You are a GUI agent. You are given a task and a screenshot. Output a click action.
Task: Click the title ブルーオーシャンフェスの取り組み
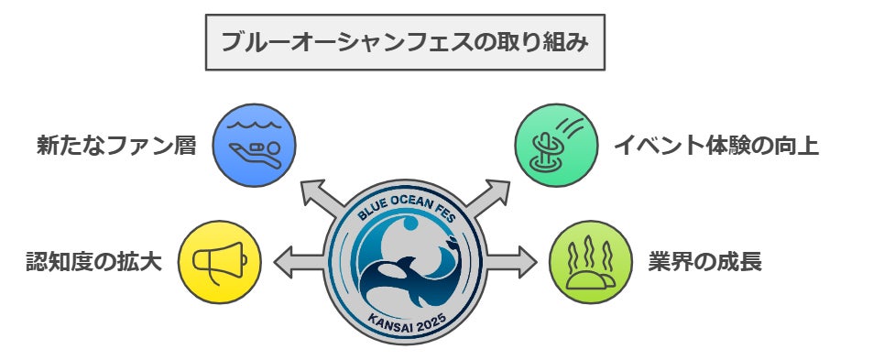405,42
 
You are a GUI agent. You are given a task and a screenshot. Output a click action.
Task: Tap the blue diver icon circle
255,145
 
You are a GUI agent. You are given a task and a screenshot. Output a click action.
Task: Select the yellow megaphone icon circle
220,262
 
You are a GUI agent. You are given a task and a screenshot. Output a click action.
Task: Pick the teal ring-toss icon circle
556,146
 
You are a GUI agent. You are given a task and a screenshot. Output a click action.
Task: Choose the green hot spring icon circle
591,262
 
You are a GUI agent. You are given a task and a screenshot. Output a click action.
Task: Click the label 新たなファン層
116,146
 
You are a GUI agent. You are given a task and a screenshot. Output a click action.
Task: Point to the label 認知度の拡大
94,262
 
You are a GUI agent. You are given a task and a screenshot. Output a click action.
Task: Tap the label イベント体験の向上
716,146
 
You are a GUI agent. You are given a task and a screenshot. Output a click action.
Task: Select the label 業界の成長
704,262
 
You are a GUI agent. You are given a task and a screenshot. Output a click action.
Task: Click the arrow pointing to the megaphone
299,262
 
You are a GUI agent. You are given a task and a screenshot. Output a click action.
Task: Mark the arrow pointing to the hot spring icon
512,262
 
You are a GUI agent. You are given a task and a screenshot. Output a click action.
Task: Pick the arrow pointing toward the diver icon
322,199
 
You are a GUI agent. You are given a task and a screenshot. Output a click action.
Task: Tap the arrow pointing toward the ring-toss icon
487,199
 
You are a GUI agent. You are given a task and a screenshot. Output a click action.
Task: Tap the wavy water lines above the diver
255,125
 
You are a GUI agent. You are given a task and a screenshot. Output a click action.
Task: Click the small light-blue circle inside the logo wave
410,224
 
